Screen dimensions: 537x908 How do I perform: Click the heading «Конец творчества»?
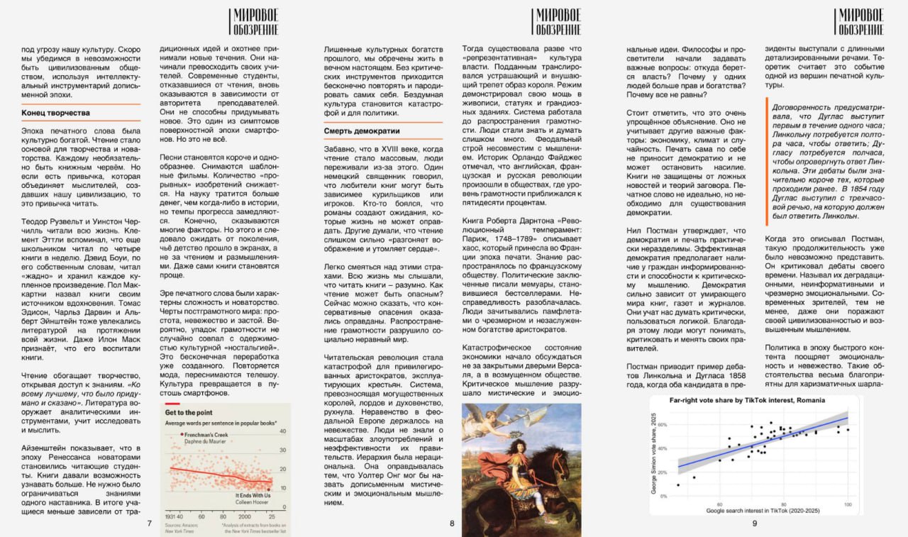(x=55, y=113)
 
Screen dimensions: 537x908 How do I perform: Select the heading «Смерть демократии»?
(x=362, y=131)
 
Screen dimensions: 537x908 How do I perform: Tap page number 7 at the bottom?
(x=149, y=524)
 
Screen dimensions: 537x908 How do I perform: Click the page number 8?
(x=452, y=524)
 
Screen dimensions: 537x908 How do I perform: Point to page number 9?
(x=755, y=524)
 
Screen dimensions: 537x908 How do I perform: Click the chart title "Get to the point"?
(x=190, y=412)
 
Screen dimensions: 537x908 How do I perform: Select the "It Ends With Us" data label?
(x=253, y=494)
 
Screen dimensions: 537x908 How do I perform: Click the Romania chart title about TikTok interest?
(x=747, y=401)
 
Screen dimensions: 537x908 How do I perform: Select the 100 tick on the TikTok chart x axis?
(x=846, y=504)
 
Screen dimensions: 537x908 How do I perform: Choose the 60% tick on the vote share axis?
(x=664, y=424)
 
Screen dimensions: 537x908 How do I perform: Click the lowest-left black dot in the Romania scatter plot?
(x=678, y=485)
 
